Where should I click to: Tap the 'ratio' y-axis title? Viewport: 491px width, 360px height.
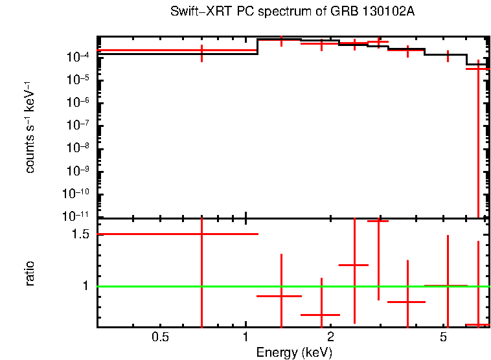coord(30,273)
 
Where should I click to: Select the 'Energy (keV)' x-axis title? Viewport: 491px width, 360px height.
coord(294,352)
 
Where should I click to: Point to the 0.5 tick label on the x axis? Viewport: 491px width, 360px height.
coord(160,337)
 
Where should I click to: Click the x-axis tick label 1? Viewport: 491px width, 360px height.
coord(245,337)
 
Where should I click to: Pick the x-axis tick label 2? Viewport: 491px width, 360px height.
coord(330,337)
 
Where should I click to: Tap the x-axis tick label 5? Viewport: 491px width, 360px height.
coord(443,337)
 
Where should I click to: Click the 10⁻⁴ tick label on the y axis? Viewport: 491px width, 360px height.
coord(78,58)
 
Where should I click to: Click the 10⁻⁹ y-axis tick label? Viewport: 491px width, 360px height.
coord(78,171)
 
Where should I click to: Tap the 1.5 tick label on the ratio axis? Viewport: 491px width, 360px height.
coord(80,234)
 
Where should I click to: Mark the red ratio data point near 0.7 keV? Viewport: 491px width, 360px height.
coord(202,234)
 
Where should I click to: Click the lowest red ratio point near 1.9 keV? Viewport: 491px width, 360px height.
coord(321,315)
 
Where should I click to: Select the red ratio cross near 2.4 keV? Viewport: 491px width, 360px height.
coord(354,265)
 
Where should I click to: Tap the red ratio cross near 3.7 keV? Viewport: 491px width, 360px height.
coord(407,302)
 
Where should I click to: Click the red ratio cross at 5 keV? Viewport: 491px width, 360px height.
coord(447,286)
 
